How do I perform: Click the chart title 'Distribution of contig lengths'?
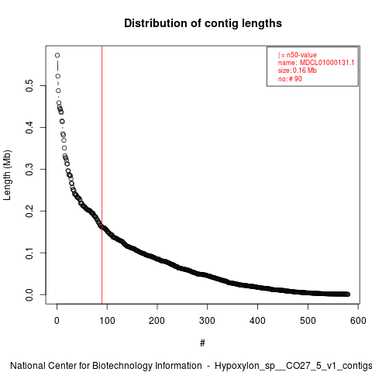point(203,23)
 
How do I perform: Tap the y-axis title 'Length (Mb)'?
point(7,175)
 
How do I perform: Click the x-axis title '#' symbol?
point(202,343)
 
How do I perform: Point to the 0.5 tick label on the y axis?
point(29,85)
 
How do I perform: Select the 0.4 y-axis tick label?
point(29,127)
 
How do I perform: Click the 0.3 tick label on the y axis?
point(29,169)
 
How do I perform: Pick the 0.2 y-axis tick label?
point(29,211)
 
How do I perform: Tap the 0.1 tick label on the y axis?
point(29,253)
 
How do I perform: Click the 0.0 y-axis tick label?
point(29,294)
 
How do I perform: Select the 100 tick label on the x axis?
point(107,321)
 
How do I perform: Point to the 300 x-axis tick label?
point(207,321)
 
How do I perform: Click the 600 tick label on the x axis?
point(358,321)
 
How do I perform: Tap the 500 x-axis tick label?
point(308,321)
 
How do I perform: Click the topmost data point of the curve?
point(57,55)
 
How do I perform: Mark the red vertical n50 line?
point(102,175)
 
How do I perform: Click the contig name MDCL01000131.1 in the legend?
point(327,63)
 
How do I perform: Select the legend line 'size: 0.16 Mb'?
point(297,71)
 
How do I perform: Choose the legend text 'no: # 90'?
point(290,79)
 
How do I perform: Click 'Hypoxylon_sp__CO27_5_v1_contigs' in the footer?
point(293,366)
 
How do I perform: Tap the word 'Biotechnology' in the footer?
point(146,366)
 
